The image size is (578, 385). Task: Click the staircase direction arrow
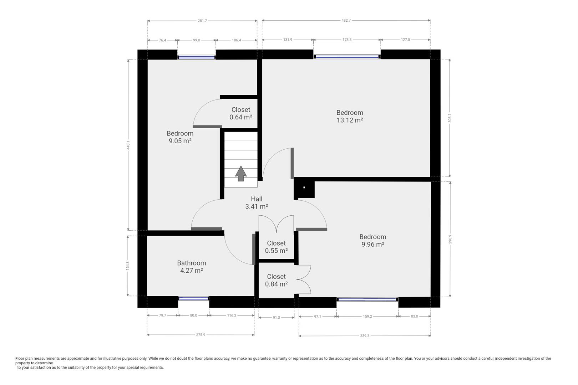[241, 174]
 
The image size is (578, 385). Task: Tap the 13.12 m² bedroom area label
[350, 116]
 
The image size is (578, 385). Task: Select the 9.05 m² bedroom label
[180, 137]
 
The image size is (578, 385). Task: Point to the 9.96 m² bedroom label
[372, 241]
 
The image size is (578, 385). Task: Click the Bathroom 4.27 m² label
[192, 267]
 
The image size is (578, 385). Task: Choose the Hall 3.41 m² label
[257, 203]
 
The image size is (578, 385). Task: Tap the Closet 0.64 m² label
[241, 113]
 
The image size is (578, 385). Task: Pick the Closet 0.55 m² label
[277, 247]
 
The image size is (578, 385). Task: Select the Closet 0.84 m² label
[277, 280]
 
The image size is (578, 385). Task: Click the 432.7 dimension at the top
[346, 20]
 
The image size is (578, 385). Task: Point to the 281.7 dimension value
[202, 21]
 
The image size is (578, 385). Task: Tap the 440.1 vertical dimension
[128, 145]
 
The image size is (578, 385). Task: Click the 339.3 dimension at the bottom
[365, 336]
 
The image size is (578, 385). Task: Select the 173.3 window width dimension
[347, 40]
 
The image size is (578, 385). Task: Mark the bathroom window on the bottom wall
[193, 298]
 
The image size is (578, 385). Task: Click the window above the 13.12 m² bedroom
[347, 57]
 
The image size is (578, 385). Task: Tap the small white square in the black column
[304, 188]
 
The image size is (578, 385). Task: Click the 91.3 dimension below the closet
[276, 317]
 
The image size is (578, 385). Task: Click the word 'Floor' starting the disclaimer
[20, 358]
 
